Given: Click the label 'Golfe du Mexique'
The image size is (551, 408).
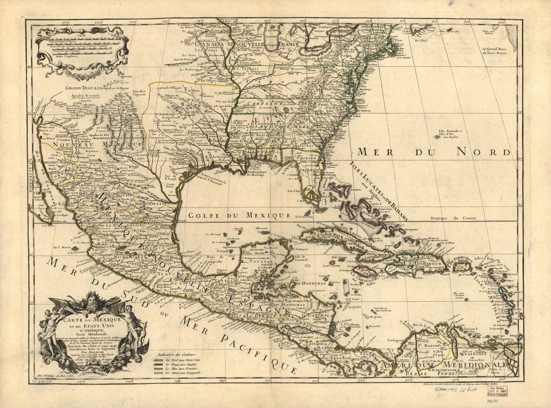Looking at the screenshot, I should [239, 215].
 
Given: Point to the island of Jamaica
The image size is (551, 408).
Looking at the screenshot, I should [365, 273].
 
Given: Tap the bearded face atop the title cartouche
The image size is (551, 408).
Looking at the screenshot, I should [93, 302].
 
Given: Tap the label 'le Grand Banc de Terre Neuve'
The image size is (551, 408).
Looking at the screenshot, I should [497, 52].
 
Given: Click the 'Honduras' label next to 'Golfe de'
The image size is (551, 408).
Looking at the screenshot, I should [313, 283].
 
